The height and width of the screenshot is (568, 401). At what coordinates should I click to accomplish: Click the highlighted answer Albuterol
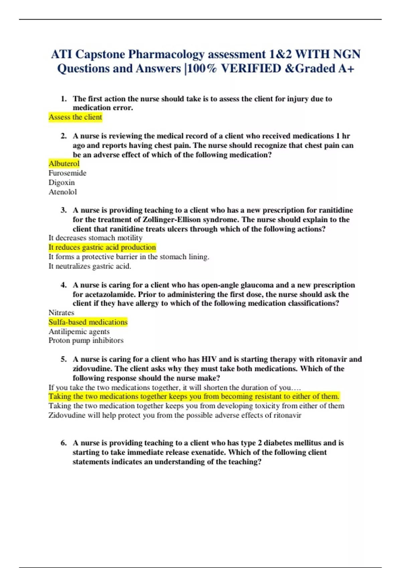click(64, 163)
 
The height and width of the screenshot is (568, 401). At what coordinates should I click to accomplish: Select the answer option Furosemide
click(67, 173)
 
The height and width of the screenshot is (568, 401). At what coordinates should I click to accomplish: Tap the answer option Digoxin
click(61, 182)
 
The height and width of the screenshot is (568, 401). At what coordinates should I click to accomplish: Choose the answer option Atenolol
click(62, 192)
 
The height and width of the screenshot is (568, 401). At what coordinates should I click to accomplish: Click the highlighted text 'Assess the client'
click(75, 117)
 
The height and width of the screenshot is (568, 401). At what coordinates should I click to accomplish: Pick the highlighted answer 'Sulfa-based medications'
click(88, 322)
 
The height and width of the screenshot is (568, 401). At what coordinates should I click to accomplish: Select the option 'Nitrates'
click(61, 313)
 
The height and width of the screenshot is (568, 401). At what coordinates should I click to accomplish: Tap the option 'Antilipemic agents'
click(79, 331)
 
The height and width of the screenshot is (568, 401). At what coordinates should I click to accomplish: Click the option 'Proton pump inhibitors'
click(86, 340)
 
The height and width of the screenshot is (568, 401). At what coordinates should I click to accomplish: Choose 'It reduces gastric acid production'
click(102, 247)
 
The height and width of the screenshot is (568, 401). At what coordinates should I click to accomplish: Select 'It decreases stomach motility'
click(95, 238)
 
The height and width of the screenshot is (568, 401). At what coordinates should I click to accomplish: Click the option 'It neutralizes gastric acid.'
click(90, 266)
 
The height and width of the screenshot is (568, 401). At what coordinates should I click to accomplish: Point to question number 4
click(63, 285)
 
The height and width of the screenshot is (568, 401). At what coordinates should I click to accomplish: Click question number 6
click(63, 443)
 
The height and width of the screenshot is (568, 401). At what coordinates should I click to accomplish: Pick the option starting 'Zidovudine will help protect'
click(174, 415)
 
